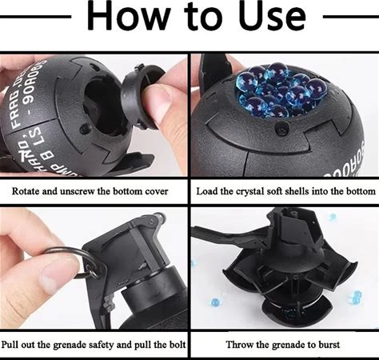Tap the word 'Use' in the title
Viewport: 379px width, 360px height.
point(272,16)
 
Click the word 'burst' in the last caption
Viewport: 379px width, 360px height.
point(329,345)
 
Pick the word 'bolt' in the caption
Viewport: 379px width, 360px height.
point(177,345)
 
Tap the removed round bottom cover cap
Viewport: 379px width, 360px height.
point(142,96)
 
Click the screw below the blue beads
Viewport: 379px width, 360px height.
point(282,128)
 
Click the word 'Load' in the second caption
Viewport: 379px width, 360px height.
point(206,191)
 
